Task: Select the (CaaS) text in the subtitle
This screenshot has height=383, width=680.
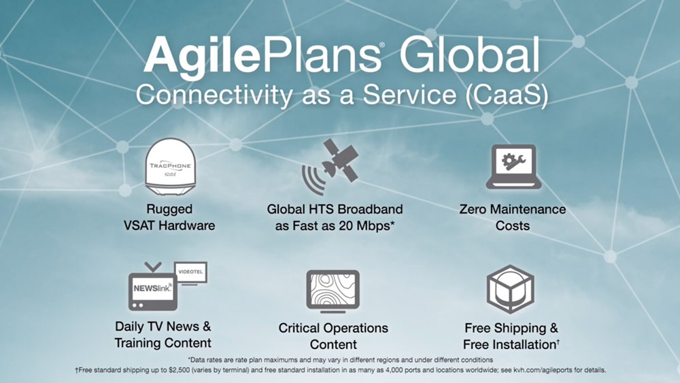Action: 507,95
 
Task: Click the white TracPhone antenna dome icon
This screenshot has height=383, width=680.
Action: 170,167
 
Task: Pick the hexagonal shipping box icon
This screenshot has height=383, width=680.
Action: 510,289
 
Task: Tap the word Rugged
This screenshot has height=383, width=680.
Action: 169,209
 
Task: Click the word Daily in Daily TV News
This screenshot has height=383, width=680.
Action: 129,327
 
